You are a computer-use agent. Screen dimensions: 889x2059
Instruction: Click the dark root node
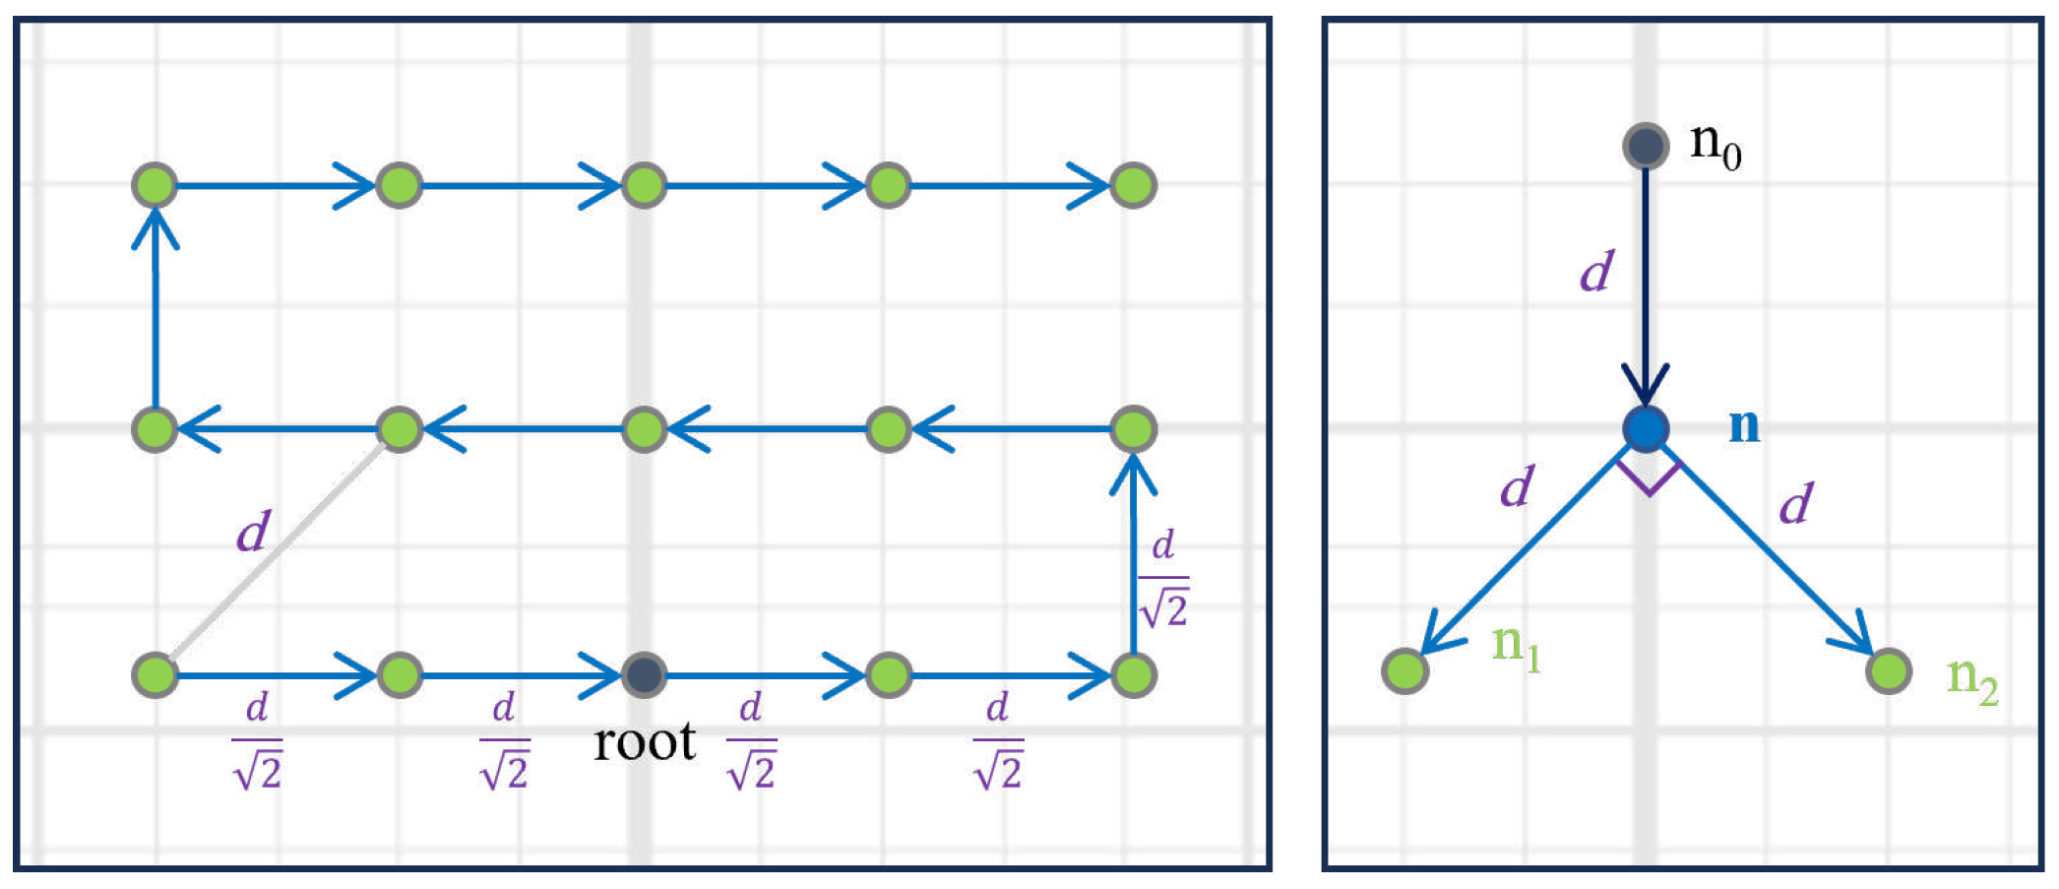[x=644, y=675]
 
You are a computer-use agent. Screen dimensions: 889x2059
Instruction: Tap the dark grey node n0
[x=1645, y=146]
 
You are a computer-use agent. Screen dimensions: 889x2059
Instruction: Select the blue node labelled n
[x=1645, y=429]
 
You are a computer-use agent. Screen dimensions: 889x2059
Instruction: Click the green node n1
[x=1404, y=670]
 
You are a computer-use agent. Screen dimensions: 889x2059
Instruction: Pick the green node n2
[x=1888, y=671]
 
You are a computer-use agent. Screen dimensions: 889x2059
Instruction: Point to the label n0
[x=1716, y=146]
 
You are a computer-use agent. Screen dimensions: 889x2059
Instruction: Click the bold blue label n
[x=1744, y=425]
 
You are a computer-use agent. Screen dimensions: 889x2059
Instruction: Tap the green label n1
[x=1516, y=647]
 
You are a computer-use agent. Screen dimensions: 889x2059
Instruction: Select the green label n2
[x=1971, y=679]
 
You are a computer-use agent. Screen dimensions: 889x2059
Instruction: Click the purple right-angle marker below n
[x=1648, y=479]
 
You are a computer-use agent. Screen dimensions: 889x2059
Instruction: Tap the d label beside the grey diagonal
[x=253, y=532]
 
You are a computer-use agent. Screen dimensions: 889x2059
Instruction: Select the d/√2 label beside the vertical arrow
[x=1163, y=579]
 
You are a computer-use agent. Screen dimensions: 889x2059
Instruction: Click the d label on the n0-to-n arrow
[x=1596, y=271]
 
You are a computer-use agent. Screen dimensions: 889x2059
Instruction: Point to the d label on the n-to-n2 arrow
[x=1795, y=504]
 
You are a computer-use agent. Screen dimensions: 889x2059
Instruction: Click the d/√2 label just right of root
[x=751, y=740]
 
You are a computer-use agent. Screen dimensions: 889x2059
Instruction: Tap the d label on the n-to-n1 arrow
[x=1517, y=486]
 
